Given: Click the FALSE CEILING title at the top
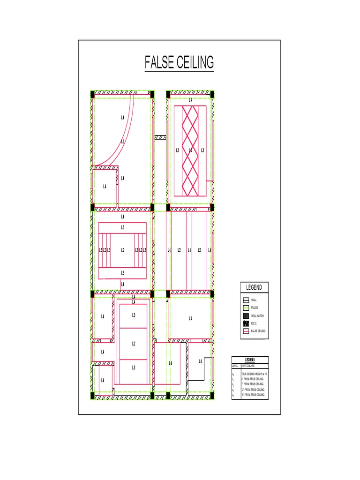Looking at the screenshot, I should click(x=179, y=62).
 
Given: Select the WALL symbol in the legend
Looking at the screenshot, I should click(x=246, y=300).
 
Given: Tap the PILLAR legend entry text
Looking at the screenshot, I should click(x=255, y=308).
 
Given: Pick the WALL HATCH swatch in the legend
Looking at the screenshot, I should click(x=246, y=316).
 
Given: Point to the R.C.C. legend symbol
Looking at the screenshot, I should click(x=246, y=323).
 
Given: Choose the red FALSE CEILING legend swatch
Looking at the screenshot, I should click(x=246, y=331).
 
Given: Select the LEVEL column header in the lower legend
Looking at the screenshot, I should click(x=235, y=366).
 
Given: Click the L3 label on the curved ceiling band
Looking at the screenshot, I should click(x=123, y=141).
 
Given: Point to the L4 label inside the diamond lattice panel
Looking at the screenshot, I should click(x=190, y=150).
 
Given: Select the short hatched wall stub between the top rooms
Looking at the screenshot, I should click(x=161, y=137).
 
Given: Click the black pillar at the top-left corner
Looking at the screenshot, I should click(x=92, y=95).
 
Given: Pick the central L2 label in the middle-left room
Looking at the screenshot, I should click(x=123, y=250).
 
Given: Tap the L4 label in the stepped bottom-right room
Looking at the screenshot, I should click(x=201, y=361).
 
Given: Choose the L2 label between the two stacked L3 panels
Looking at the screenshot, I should click(x=134, y=344).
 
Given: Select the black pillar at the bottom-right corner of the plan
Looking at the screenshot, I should click(x=212, y=395).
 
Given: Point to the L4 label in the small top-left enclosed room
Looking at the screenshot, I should click(x=105, y=186).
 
